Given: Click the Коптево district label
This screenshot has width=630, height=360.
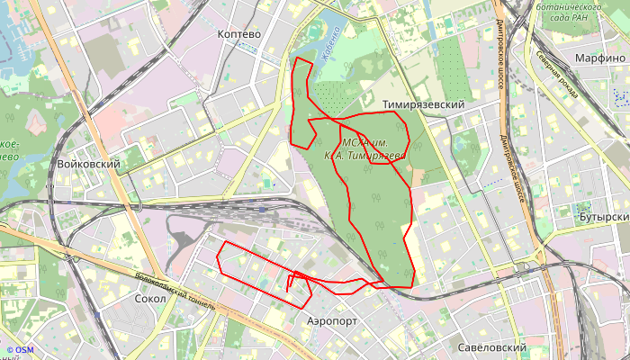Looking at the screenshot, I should (x=238, y=33).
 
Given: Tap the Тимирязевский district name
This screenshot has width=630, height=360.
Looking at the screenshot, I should (x=423, y=105).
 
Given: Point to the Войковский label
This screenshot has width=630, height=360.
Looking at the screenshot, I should (x=88, y=165).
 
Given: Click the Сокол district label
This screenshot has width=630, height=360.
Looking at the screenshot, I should (x=149, y=298).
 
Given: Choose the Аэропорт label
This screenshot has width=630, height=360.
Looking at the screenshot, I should (x=332, y=320).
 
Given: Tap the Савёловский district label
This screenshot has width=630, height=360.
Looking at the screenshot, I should (x=491, y=347).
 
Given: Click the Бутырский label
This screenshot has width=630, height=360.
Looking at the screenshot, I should (x=604, y=218).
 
